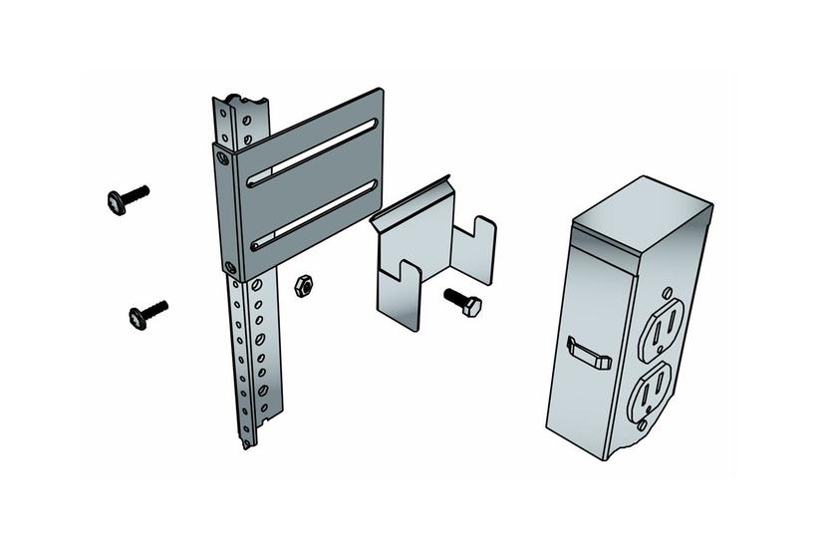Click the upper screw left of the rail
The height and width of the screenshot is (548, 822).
pyautogui.click(x=126, y=198)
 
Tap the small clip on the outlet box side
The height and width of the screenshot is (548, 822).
pyautogui.click(x=588, y=353)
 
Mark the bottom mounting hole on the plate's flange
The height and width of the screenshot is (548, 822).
pyautogui.click(x=231, y=267)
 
